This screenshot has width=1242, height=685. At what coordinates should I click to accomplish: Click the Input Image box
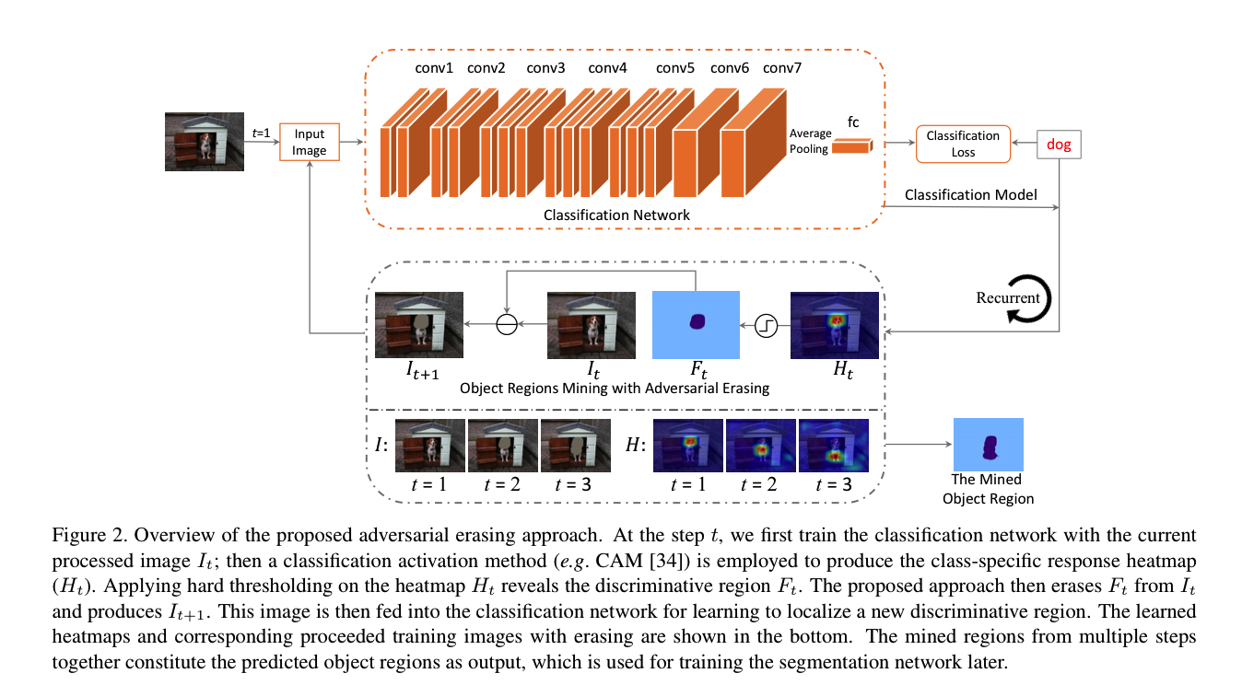310,143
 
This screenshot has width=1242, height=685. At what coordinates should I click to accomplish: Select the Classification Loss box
963,144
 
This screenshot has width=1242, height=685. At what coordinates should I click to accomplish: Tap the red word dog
1059,145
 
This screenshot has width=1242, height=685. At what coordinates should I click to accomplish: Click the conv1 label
434,67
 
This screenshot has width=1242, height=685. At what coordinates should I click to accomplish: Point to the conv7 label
782,67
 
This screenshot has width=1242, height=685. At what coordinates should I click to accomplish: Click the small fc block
852,145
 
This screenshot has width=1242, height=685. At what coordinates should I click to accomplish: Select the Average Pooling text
809,142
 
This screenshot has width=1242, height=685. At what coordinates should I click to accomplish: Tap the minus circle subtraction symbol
506,324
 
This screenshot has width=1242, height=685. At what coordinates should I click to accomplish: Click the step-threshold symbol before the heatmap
766,324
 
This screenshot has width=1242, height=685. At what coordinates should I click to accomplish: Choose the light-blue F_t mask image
696,324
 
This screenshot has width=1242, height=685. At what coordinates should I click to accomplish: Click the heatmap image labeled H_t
835,324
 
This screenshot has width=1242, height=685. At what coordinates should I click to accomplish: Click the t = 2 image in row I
502,447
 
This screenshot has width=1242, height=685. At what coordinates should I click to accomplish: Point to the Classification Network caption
616,215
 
